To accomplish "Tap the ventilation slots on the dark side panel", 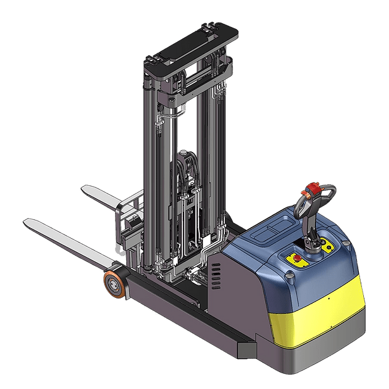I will click(216, 274).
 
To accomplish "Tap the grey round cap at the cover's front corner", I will click(289, 275).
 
